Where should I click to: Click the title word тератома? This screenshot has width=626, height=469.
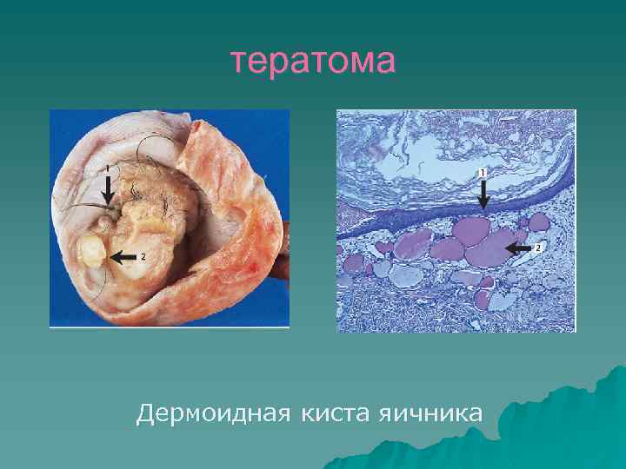click(313, 62)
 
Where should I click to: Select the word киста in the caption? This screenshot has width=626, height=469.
click(334, 413)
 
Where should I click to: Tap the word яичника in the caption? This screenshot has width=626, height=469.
click(429, 413)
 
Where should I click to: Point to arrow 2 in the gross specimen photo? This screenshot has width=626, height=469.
click(126, 256)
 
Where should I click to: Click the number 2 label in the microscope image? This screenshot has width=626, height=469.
click(538, 248)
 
